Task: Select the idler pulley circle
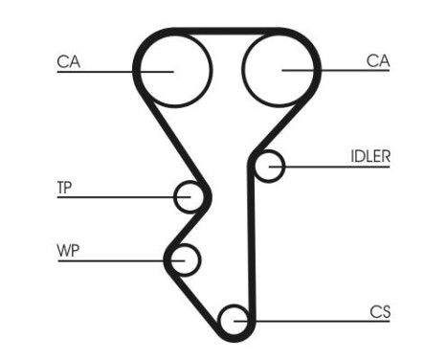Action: (x=271, y=167)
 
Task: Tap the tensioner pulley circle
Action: (x=190, y=197)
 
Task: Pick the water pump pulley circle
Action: (x=184, y=259)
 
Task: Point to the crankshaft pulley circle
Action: (x=235, y=319)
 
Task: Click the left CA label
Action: (x=68, y=61)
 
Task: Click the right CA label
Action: (x=378, y=60)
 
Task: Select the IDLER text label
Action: (x=370, y=156)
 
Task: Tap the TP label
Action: (x=64, y=188)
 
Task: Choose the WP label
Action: (x=68, y=251)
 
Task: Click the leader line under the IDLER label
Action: (x=335, y=168)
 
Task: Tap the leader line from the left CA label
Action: (x=105, y=70)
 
